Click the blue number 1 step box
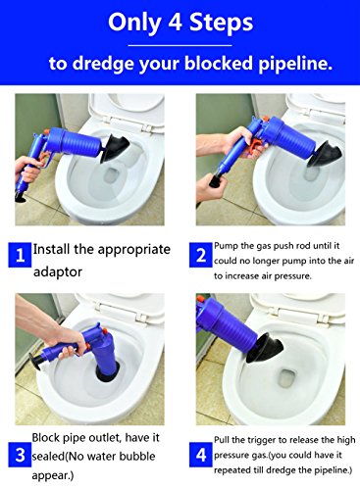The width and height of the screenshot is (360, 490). coord(20,255)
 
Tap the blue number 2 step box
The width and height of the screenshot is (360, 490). coord(201,255)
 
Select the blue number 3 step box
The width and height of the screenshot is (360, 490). coord(20,455)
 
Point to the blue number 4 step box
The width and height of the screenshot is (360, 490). coord(201,455)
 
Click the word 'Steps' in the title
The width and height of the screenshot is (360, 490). coord(222,23)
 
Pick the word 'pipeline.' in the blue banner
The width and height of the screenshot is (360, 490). coord(295,64)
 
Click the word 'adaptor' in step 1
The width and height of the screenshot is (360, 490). coord(58,271)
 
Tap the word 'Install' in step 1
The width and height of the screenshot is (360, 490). coord(51,249)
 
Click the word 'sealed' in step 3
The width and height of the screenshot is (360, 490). coord(49,456)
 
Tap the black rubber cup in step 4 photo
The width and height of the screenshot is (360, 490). coord(265,348)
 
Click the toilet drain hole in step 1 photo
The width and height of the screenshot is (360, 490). coord(113,177)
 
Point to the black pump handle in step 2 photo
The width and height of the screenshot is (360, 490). coord(216,180)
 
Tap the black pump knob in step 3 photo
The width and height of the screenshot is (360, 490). coord(35,361)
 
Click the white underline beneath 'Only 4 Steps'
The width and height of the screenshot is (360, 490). coord(180,45)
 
